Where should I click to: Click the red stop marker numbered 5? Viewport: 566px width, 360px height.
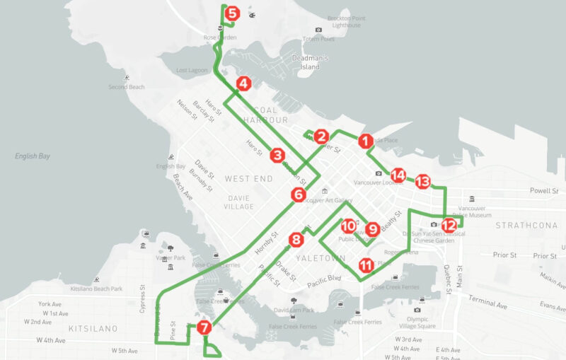[x=231, y=13]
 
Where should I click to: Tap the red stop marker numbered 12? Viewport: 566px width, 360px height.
[x=449, y=225]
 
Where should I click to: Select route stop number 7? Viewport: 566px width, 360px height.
[x=204, y=327]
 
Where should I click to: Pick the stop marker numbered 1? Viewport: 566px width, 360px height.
[x=365, y=141]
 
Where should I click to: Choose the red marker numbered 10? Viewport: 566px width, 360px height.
[x=348, y=226]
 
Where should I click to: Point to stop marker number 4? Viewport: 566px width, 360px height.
[x=243, y=83]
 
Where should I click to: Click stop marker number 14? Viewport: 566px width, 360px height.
[x=398, y=175]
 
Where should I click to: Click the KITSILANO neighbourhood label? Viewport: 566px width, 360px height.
[x=87, y=329]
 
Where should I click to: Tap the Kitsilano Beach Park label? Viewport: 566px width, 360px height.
[x=97, y=289]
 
